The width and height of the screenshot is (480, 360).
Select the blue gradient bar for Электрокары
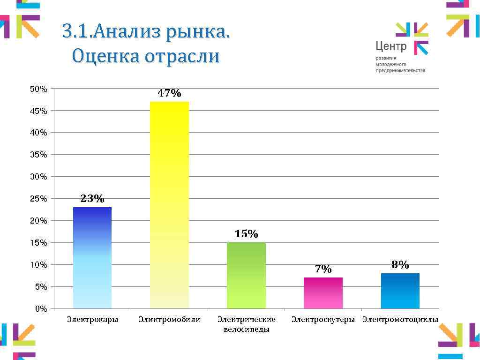[92, 258]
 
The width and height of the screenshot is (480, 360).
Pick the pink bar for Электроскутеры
[323, 293]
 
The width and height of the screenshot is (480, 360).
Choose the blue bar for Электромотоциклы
[400, 291]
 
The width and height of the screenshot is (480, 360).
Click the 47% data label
[169, 93]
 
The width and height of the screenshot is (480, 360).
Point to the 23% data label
[92, 199]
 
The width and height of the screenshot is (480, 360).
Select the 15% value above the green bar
[246, 234]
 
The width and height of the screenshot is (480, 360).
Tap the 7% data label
[323, 269]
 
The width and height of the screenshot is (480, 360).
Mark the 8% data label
[400, 265]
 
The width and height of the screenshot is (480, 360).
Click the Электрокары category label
[92, 320]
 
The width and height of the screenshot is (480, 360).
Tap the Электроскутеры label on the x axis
[323, 320]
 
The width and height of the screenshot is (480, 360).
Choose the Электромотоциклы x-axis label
[400, 320]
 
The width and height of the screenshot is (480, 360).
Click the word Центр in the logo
[391, 47]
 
